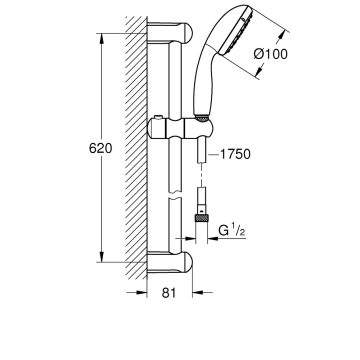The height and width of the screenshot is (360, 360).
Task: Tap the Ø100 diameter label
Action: [x=270, y=53]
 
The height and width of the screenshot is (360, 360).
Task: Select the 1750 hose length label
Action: [x=234, y=154]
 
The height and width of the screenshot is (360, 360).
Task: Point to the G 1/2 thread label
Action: [x=231, y=231]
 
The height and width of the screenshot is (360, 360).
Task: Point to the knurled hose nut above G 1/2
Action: [x=201, y=219]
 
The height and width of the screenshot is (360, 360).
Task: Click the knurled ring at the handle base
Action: [x=201, y=119]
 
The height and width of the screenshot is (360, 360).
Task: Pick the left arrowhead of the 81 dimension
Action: [x=142, y=293]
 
